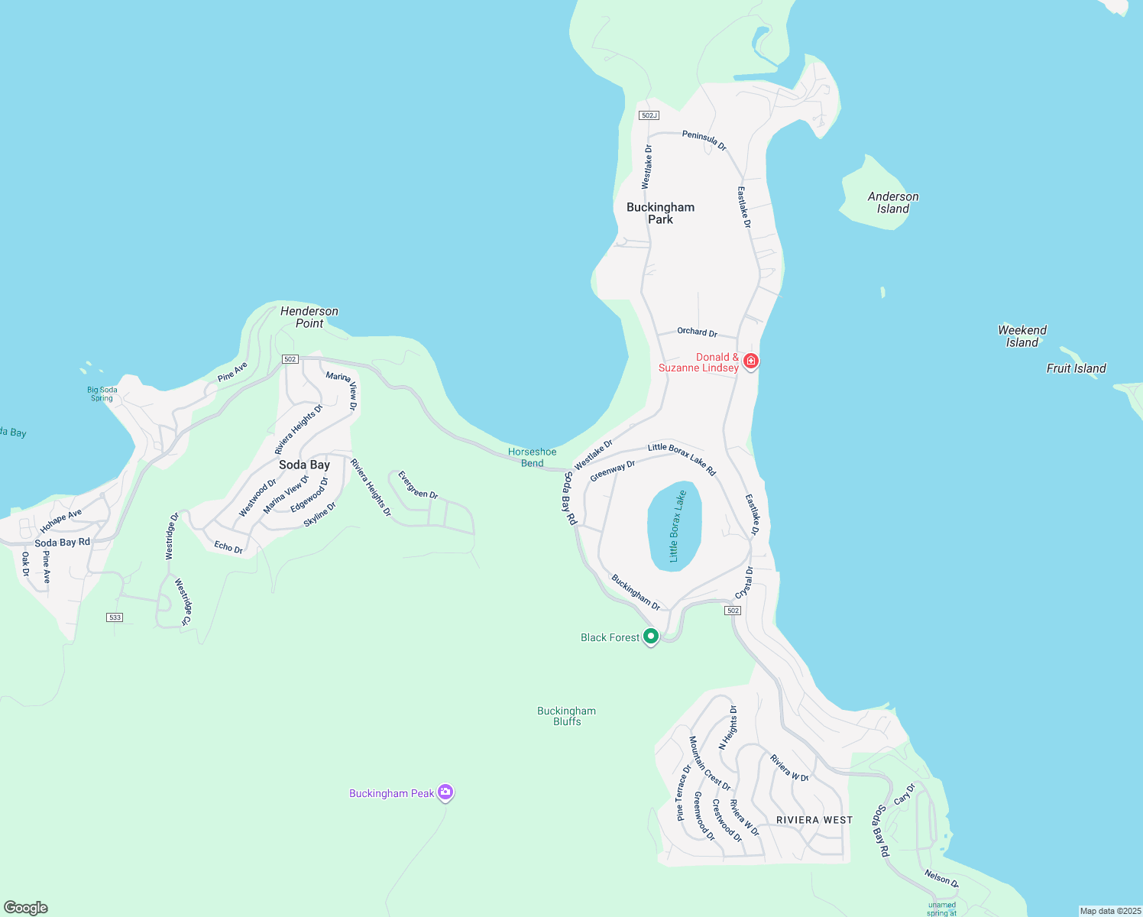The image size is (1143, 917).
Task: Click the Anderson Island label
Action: coord(893,203)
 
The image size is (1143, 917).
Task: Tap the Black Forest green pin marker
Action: coord(651,636)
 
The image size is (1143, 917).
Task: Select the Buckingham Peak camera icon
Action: coord(445,792)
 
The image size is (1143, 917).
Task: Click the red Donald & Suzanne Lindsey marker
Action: coord(751,361)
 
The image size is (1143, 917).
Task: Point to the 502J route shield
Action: coord(649,115)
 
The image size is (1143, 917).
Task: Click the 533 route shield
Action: coord(115,617)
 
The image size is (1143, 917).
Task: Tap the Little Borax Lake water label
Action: coord(675,526)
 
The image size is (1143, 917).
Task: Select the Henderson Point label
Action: coord(309,317)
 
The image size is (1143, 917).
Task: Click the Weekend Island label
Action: coord(1022,336)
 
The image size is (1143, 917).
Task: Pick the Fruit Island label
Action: coord(1076,368)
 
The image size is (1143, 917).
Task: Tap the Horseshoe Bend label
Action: coord(533,457)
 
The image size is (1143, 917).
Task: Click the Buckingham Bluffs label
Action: coord(567,716)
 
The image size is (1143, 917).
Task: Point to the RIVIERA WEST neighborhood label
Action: coord(814,820)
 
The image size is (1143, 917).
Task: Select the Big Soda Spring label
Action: coord(102,394)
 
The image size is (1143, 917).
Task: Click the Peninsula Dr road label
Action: coord(704,140)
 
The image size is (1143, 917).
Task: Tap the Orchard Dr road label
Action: coord(697,332)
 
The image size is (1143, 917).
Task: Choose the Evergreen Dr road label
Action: coord(418,484)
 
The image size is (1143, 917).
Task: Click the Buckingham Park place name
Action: coord(661,213)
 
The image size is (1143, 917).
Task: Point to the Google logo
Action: coord(26,908)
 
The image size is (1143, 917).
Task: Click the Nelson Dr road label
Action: coord(941,878)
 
